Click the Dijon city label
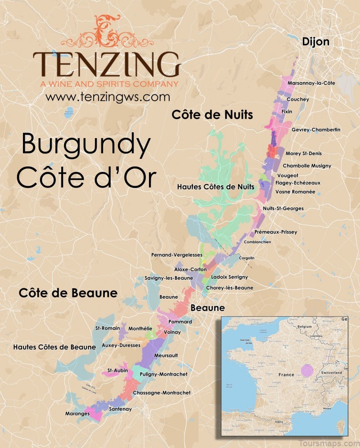pos(315,42)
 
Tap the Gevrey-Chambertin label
pos(316,130)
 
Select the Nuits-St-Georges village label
pos(283,208)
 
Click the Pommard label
pos(180,322)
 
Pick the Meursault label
pos(166,355)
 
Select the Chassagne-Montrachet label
pos(162,393)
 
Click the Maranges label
pos(77,413)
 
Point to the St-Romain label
pos(108,328)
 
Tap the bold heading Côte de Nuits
pos(212,115)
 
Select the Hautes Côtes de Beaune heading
pos(54,347)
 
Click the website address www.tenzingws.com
pos(108,97)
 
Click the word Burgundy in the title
pos(86,145)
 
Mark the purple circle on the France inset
pos(307,371)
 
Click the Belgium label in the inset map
pos(304,326)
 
